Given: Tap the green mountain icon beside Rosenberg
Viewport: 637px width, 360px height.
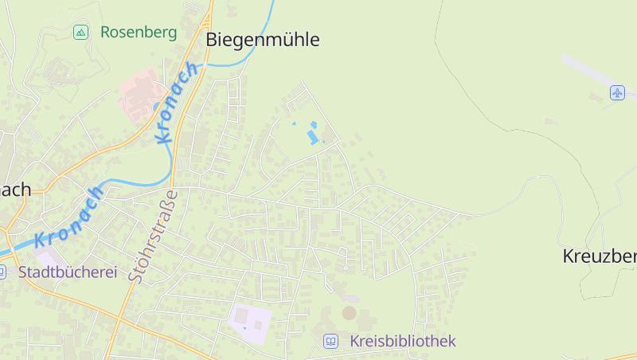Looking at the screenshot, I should (80, 33).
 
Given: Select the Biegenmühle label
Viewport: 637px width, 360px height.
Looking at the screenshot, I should (262, 39).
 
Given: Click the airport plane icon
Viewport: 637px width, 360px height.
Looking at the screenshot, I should (617, 92).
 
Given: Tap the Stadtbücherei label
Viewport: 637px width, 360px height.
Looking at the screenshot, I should (68, 272).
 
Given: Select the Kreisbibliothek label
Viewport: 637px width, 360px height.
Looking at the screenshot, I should (402, 341).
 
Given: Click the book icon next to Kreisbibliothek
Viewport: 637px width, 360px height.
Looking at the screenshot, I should (330, 342).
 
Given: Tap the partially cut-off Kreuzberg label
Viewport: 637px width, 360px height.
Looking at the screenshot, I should (599, 256).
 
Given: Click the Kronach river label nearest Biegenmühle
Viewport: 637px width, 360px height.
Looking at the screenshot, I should (177, 103).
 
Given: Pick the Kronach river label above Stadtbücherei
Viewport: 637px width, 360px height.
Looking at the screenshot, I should (70, 217).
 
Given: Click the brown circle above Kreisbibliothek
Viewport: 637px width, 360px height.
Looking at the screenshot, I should (349, 313).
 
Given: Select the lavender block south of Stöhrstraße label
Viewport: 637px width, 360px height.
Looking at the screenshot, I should (250, 319).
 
